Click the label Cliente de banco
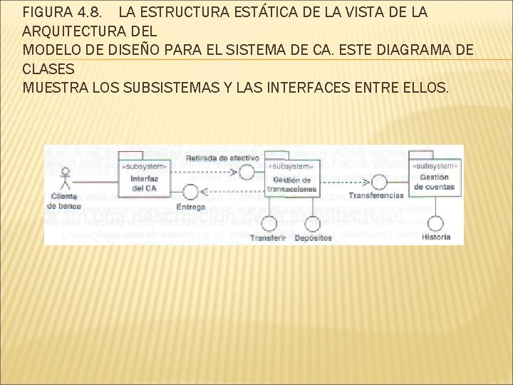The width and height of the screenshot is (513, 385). tap(65, 201)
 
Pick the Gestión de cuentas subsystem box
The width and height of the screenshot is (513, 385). tap(434, 177)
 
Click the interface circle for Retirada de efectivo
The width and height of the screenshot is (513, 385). tap(247, 171)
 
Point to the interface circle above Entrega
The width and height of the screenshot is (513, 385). tap(190, 192)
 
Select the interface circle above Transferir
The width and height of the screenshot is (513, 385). tap(269, 222)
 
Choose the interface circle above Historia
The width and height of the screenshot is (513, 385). tap(435, 222)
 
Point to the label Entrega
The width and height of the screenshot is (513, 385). tap(190, 207)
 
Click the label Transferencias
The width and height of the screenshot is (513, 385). tap(375, 195)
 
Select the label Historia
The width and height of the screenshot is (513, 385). tap(435, 237)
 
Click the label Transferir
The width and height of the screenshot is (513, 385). tap(269, 237)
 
